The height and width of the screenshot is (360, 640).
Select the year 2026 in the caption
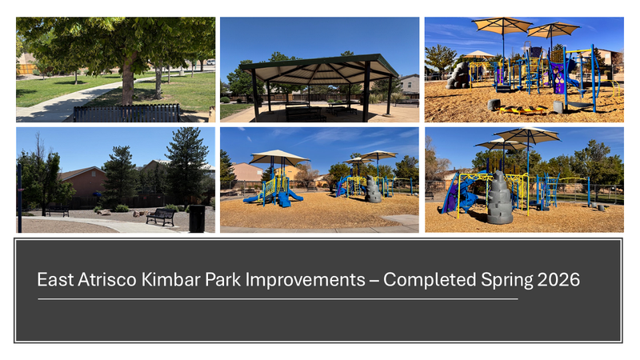point(559,281)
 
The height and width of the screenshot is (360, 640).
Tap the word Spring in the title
point(506,281)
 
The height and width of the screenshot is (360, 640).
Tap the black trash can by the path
point(196,218)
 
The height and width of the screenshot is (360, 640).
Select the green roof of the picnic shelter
point(320,64)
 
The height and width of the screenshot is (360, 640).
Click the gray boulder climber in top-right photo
point(458,76)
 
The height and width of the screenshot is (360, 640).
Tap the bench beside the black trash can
point(161,217)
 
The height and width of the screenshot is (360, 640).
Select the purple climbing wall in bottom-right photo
point(453,194)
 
